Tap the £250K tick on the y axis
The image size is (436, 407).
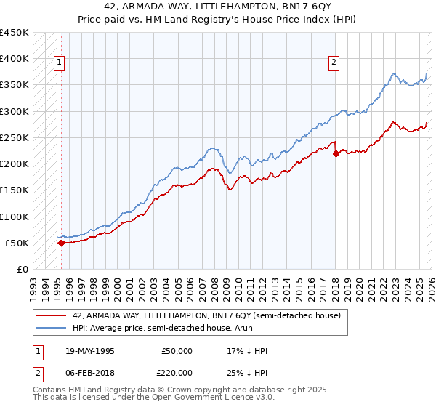pyautogui.click(x=15, y=137)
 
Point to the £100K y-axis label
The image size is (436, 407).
pyautogui.click(x=15, y=217)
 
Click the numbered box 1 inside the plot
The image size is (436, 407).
pyautogui.click(x=59, y=63)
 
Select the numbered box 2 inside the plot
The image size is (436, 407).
pyautogui.click(x=334, y=63)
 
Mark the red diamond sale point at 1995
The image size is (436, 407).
pyautogui.click(x=61, y=243)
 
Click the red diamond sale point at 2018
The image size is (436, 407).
pyautogui.click(x=336, y=153)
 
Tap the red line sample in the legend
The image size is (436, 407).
pyautogui.click(x=52, y=315)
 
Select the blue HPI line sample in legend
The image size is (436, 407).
pyautogui.click(x=52, y=329)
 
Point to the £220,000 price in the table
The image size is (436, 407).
pyautogui.click(x=177, y=371)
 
